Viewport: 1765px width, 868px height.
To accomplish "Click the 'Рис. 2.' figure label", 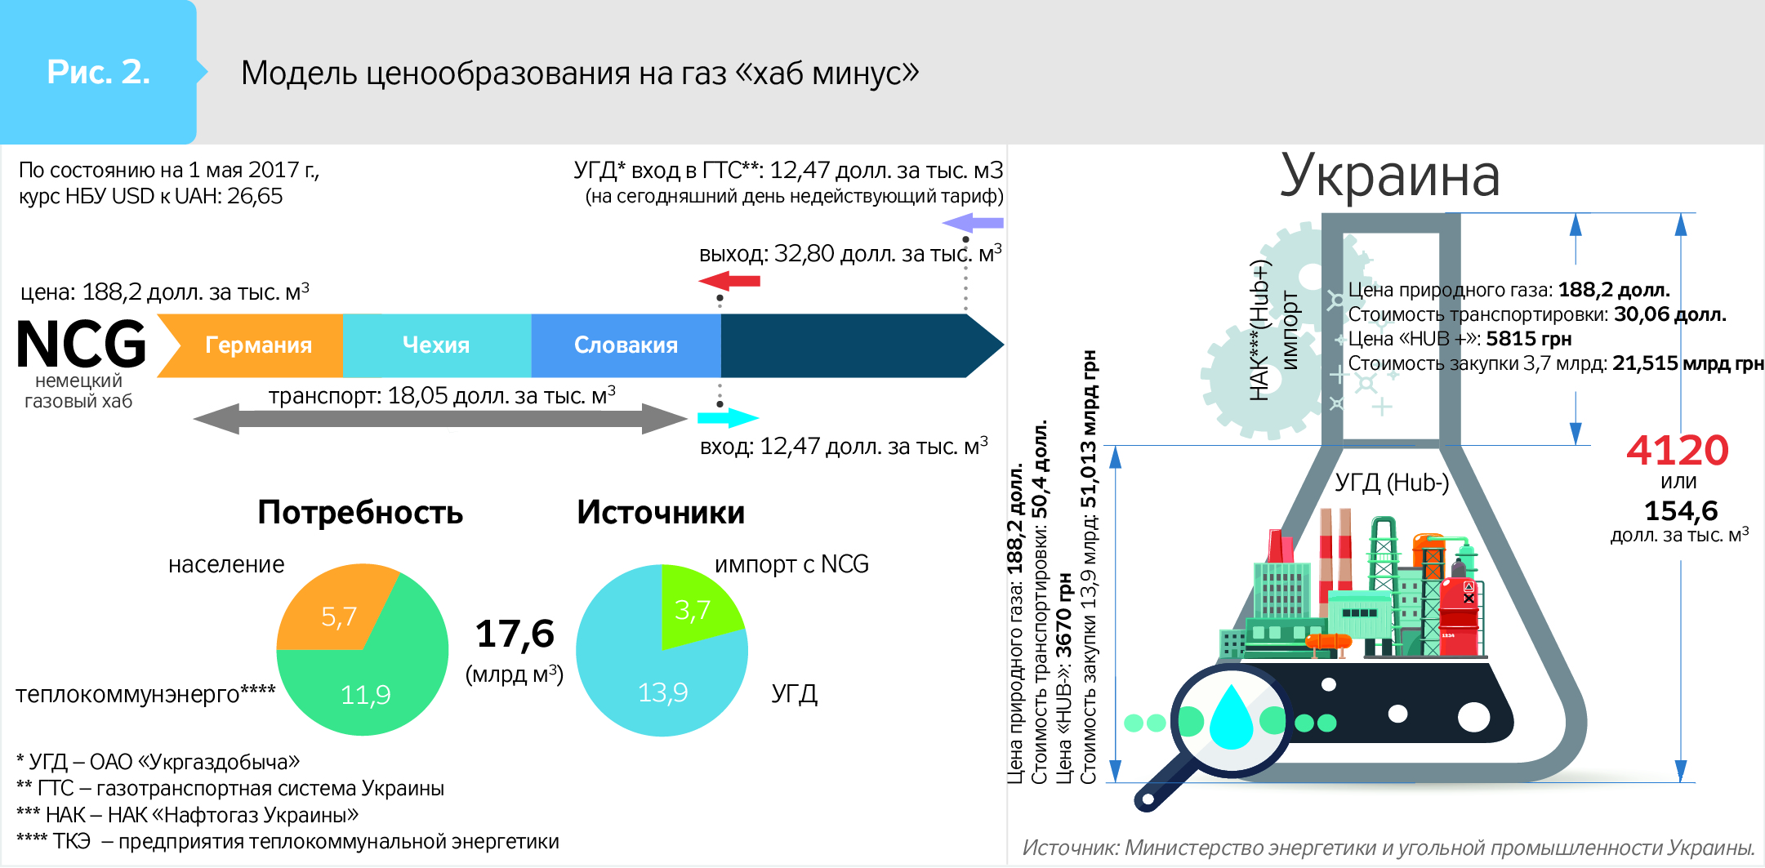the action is pos(98,72).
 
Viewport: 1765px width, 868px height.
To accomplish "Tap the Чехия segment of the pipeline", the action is pos(437,345).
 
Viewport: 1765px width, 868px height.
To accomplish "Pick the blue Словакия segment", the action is pos(626,345).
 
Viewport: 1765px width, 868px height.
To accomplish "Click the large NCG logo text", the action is pos(82,344).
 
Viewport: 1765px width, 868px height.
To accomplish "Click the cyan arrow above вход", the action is pos(728,418).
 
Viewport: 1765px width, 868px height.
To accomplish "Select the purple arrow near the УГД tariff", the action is pos(973,222).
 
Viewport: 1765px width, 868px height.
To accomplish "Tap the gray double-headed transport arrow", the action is pos(441,419).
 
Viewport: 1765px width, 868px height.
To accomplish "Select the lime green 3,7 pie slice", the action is pos(697,606).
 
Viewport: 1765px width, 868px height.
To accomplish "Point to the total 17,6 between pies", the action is pos(515,634).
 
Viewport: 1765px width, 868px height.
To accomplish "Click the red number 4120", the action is pos(1678,450).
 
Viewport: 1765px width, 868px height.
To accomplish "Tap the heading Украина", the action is pos(1390,176).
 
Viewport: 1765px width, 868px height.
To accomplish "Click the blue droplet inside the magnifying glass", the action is pos(1230,717).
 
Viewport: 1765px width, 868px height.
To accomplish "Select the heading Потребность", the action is pos(360,513).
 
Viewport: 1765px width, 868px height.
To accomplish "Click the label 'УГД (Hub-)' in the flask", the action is pos(1392,483).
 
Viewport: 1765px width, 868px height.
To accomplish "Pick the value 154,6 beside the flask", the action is pos(1681,511).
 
